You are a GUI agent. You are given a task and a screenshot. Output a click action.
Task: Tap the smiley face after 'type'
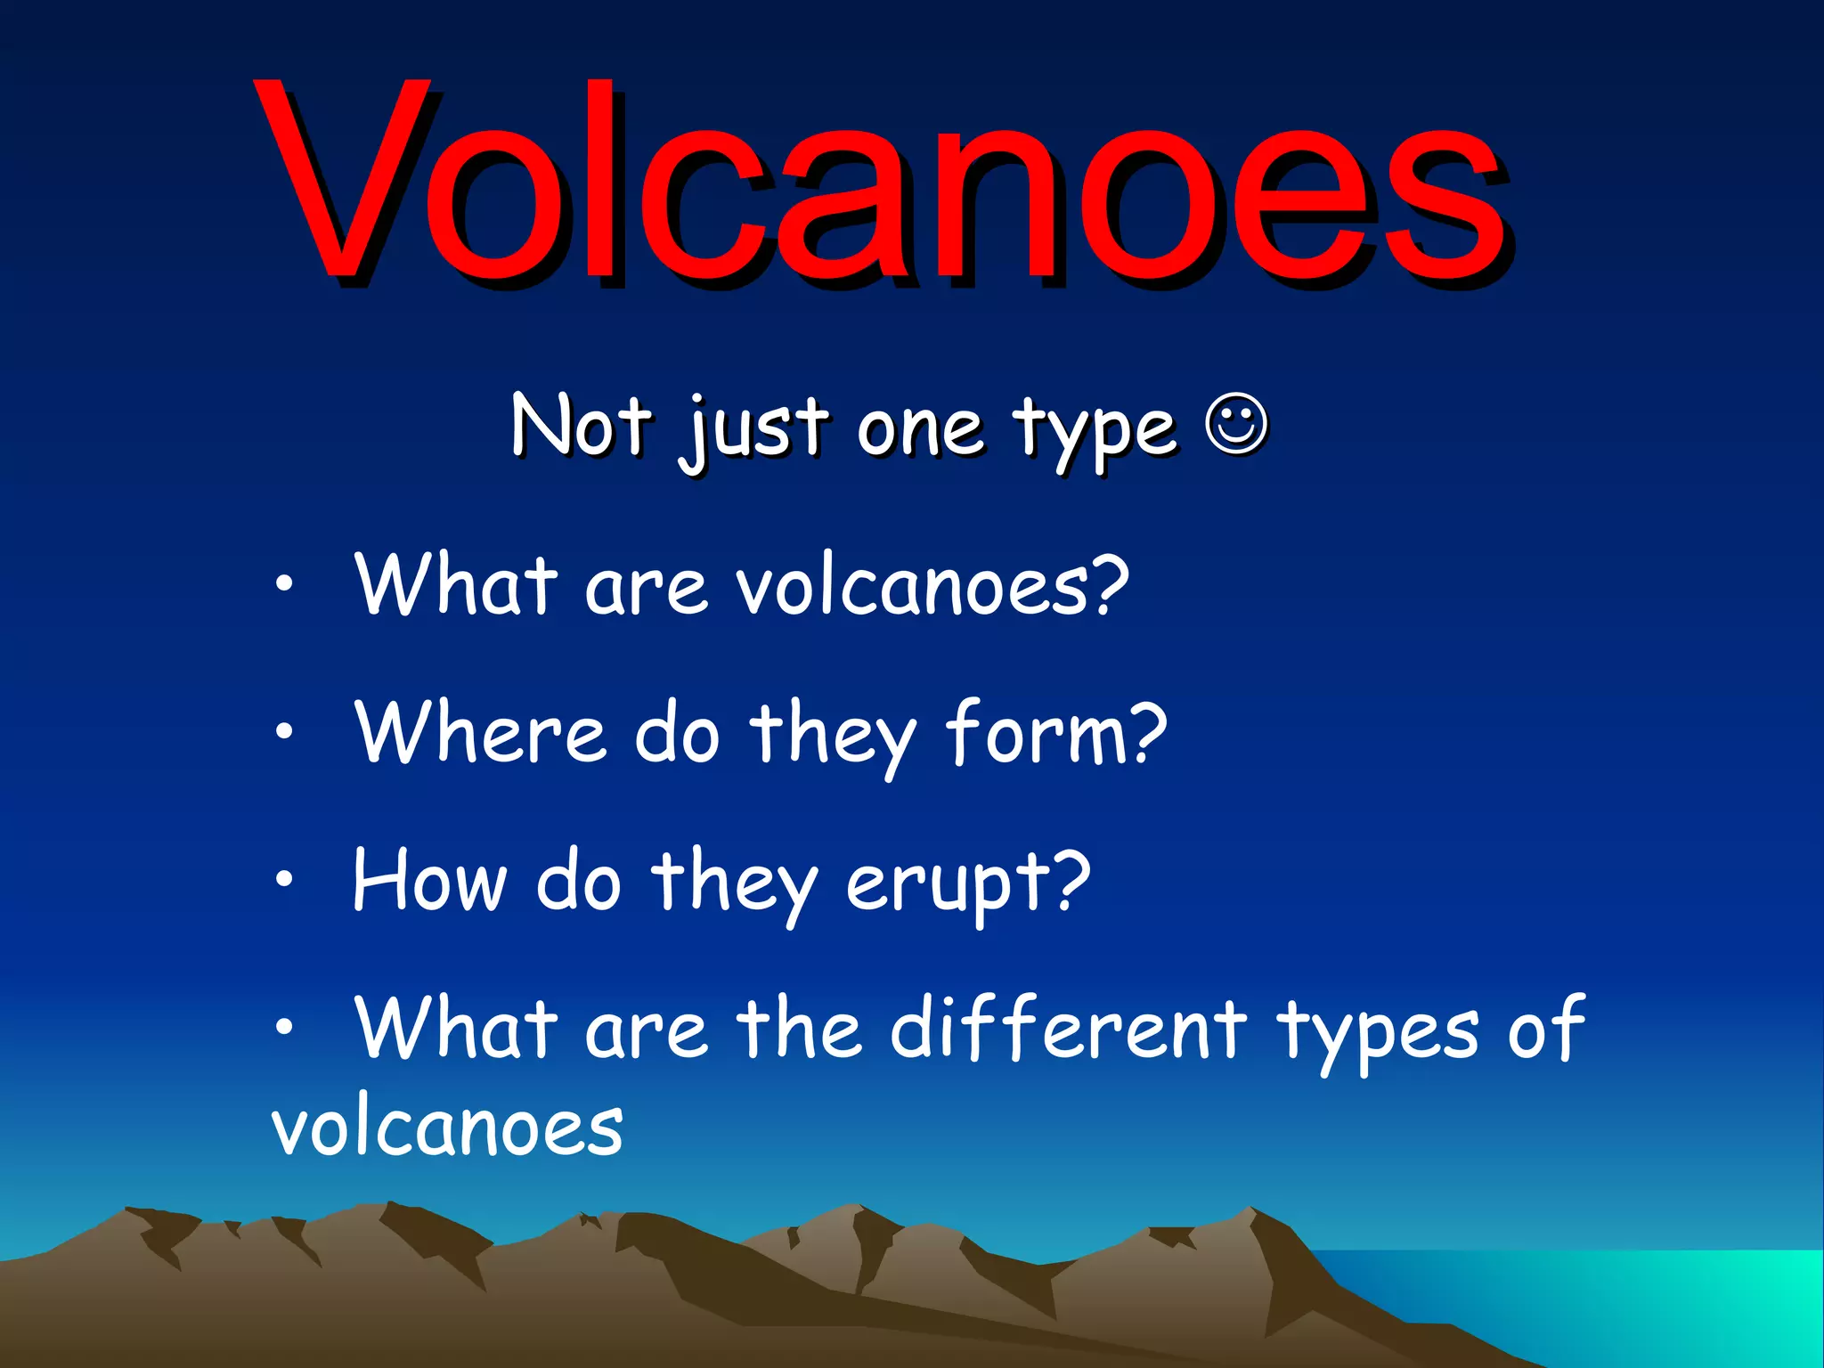pyautogui.click(x=1236, y=426)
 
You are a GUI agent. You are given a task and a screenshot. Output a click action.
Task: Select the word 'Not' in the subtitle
pyautogui.click(x=581, y=426)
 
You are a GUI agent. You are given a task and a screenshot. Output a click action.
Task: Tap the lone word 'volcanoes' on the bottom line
pyautogui.click(x=447, y=1128)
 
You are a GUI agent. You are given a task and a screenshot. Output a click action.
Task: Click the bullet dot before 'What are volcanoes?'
pyautogui.click(x=283, y=584)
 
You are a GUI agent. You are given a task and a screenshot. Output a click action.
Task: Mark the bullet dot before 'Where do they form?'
pyautogui.click(x=283, y=732)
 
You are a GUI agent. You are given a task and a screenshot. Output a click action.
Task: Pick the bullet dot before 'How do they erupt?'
pyautogui.click(x=283, y=880)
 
